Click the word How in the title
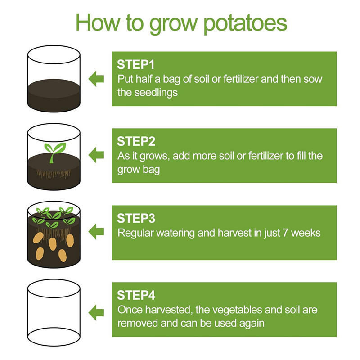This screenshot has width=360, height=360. [x=98, y=22]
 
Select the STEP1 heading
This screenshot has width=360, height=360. [x=136, y=64]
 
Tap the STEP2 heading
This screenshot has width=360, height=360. [x=136, y=141]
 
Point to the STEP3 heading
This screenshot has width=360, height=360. [x=136, y=218]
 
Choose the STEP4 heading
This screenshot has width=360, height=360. [x=136, y=295]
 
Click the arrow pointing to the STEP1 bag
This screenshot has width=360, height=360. [x=96, y=79]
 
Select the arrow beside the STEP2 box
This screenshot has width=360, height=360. [x=96, y=155]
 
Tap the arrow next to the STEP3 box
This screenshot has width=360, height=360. [x=96, y=232]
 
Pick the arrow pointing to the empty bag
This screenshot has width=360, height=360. [x=96, y=312]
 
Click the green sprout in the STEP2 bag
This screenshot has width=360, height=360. [x=54, y=152]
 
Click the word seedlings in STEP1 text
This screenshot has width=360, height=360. [x=156, y=93]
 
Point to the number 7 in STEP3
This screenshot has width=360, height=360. [x=285, y=233]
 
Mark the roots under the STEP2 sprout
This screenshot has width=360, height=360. [x=54, y=174]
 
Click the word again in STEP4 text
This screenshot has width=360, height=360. [x=252, y=324]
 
